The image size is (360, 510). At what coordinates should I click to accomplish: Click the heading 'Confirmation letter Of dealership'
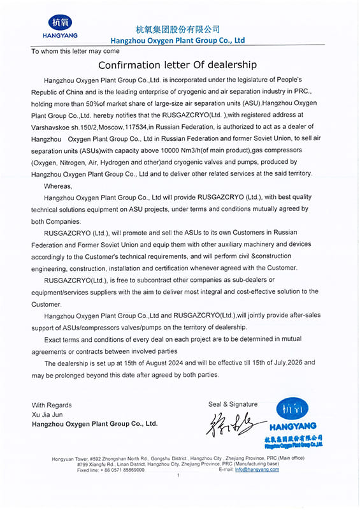(x=177, y=65)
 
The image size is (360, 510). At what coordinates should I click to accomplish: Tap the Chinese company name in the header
(x=178, y=29)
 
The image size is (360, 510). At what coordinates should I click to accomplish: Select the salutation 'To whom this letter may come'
(x=75, y=51)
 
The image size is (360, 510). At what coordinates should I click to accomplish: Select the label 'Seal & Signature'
(x=233, y=404)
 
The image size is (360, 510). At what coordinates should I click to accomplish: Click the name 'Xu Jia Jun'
(x=48, y=414)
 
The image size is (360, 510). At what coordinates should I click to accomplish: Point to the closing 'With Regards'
(x=52, y=405)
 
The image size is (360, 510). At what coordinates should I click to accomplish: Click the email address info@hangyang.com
(x=257, y=469)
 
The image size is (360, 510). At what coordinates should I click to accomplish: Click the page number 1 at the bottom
(x=178, y=475)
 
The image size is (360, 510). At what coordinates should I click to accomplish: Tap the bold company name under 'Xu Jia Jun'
(x=94, y=423)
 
